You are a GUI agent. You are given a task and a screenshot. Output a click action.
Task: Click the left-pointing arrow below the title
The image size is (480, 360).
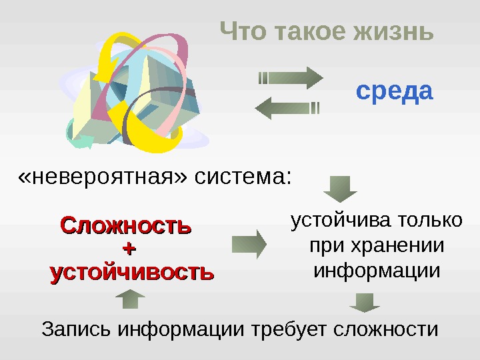point(287,107)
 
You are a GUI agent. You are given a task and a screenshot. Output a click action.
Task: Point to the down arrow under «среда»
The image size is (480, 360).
point(341,189)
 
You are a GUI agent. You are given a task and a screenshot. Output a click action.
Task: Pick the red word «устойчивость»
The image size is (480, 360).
point(132,272)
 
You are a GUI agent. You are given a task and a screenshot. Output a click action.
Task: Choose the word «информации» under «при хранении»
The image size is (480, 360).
point(377,271)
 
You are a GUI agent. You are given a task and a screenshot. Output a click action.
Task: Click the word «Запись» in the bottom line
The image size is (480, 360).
point(75,329)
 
